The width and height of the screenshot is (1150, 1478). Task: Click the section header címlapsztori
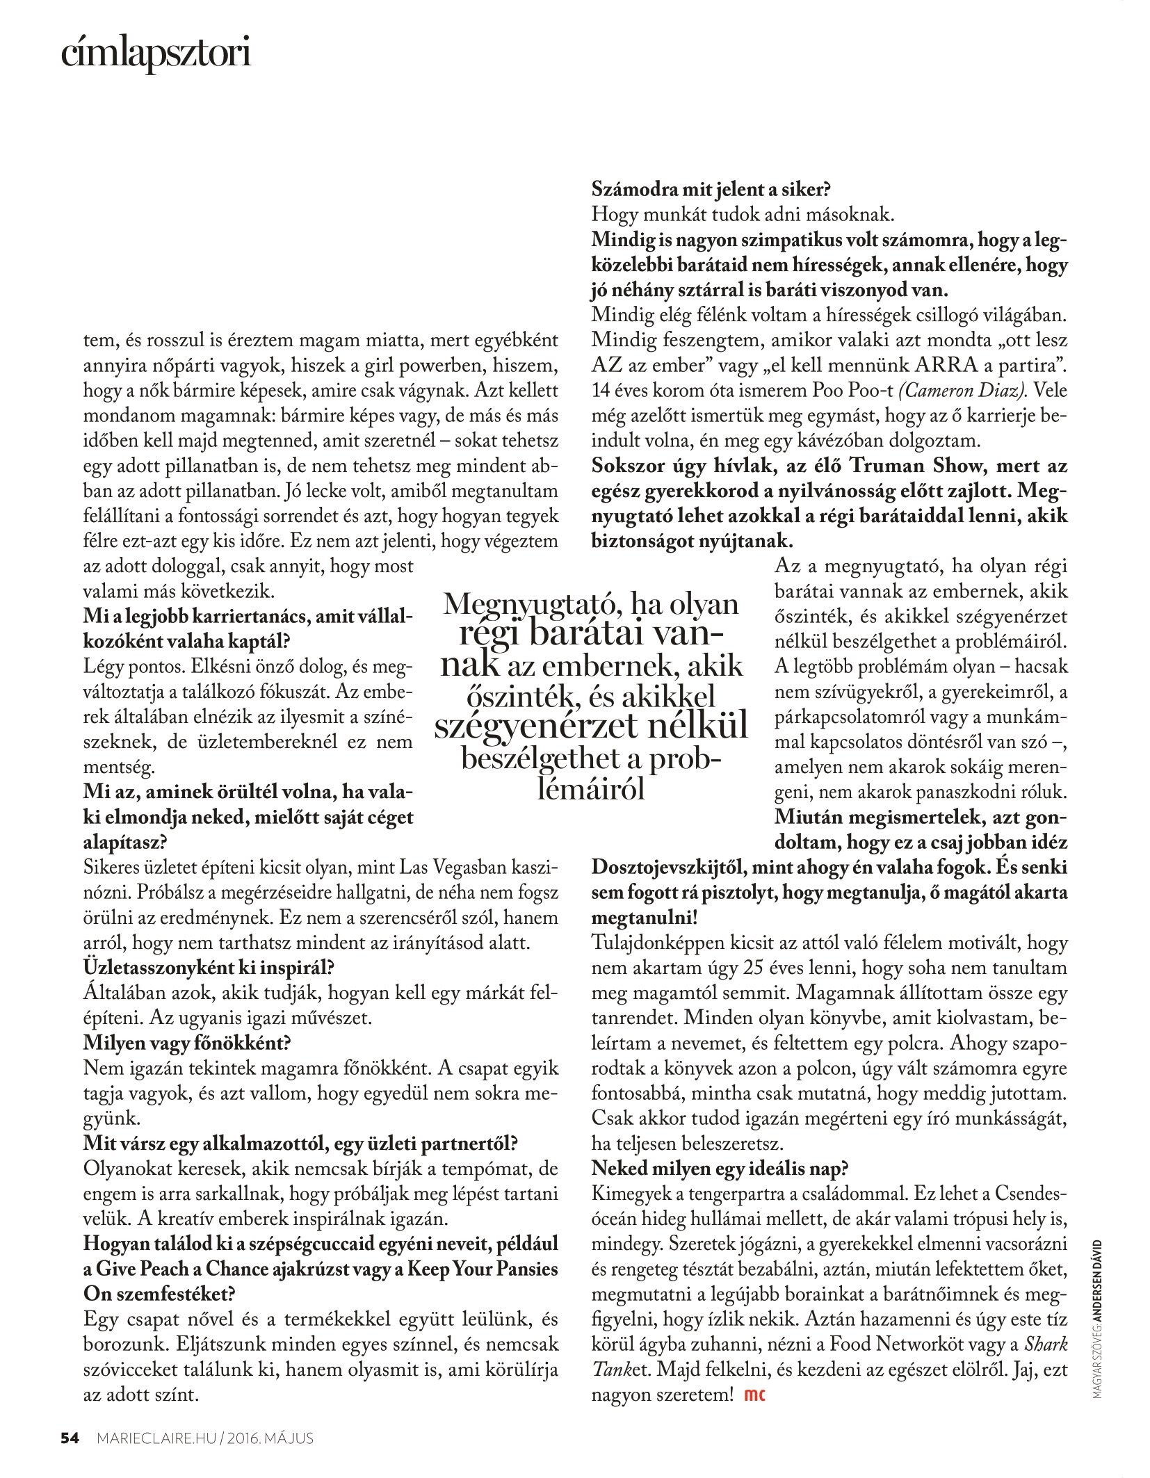pyautogui.click(x=155, y=56)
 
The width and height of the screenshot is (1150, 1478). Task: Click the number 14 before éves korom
pyautogui.click(x=603, y=391)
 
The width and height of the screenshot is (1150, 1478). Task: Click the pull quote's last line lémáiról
pyautogui.click(x=590, y=790)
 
